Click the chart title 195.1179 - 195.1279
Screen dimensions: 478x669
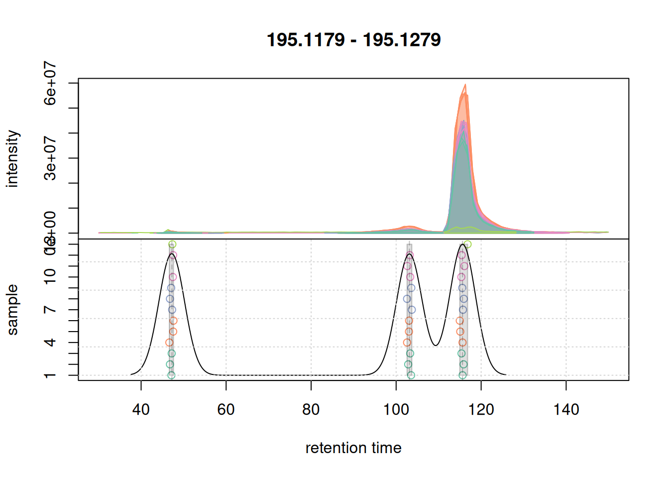coord(353,40)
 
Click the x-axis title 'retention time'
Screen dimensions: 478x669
coord(353,448)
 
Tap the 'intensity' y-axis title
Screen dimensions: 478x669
coord(12,158)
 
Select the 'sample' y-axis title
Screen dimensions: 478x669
coord(12,309)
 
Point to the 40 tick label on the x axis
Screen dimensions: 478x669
coord(141,410)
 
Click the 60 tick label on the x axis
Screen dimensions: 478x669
coord(226,410)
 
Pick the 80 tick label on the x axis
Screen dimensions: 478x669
coord(311,410)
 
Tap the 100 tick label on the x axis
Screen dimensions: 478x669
coord(396,410)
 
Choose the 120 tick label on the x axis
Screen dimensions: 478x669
coord(481,410)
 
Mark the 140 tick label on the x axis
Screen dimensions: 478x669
coord(566,410)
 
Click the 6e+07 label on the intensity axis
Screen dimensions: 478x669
coord(50,83)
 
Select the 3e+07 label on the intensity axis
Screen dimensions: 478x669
coord(50,158)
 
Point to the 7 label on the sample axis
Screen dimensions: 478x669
coord(50,310)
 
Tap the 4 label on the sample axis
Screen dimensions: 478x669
coord(50,343)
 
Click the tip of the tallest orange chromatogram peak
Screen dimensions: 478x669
coord(465,85)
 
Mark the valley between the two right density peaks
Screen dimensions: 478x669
coord(436,345)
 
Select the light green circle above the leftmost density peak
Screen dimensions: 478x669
coord(172,244)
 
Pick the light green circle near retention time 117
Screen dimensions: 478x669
coord(467,244)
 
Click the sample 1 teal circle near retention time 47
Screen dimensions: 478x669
coord(171,375)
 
